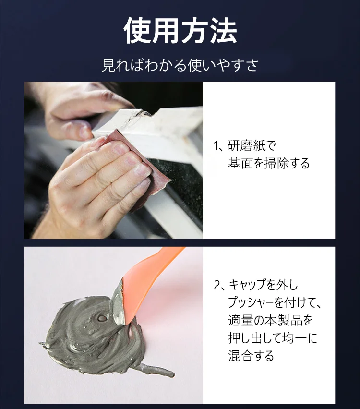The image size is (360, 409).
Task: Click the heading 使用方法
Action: coord(180,32)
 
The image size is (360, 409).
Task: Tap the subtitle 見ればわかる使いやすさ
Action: coord(180,65)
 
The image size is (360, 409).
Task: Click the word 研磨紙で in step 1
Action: coord(252,146)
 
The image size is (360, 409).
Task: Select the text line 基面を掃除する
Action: coord(269,163)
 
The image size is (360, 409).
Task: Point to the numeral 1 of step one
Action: coord(216,146)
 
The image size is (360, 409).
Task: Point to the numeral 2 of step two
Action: coord(216,286)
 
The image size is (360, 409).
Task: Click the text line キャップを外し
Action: coord(263,286)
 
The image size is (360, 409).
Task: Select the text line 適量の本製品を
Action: coord(270,320)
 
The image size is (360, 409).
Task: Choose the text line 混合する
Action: coord(251,355)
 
